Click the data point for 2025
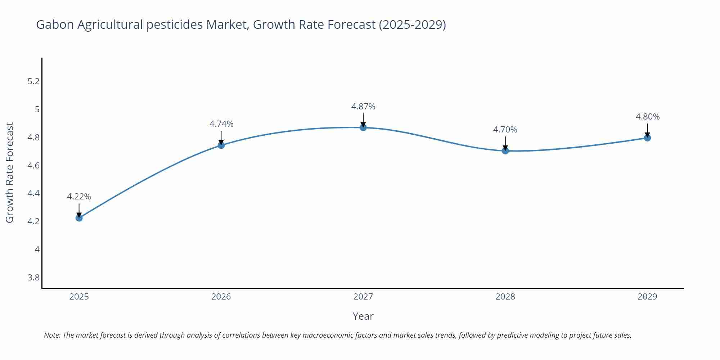pyautogui.click(x=79, y=218)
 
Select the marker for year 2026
pyautogui.click(x=221, y=145)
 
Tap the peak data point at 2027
pyautogui.click(x=363, y=127)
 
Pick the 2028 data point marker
pyautogui.click(x=505, y=150)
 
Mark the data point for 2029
pyautogui.click(x=647, y=138)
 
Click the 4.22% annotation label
pyautogui.click(x=79, y=197)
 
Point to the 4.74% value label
pyautogui.click(x=221, y=124)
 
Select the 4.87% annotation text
pyautogui.click(x=363, y=107)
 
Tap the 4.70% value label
pyautogui.click(x=505, y=130)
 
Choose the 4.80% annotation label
pyautogui.click(x=647, y=117)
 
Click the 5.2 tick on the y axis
pyautogui.click(x=33, y=81)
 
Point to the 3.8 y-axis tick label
pyautogui.click(x=33, y=277)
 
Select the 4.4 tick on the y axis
pyautogui.click(x=33, y=193)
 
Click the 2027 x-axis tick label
pyautogui.click(x=363, y=297)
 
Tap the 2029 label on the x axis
pyautogui.click(x=647, y=297)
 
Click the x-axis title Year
pyautogui.click(x=363, y=316)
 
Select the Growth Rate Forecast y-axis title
pyautogui.click(x=10, y=172)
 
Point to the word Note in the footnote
pyautogui.click(x=52, y=335)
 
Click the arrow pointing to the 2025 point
pyautogui.click(x=79, y=210)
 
